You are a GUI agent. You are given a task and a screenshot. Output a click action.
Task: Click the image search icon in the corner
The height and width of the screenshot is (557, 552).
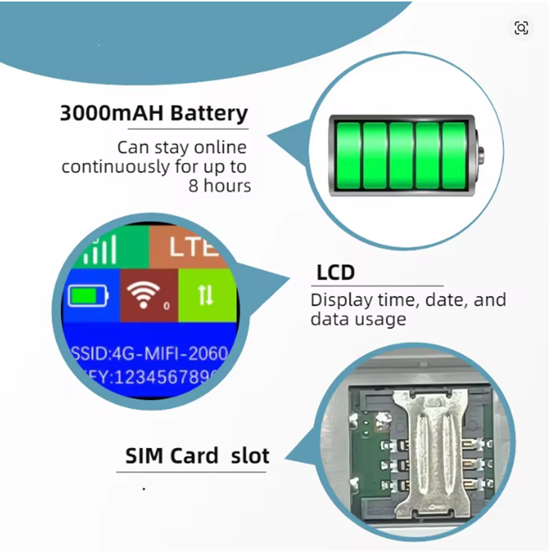point(521,28)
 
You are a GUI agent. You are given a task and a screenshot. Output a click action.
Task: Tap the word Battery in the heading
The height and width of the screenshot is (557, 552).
point(209,113)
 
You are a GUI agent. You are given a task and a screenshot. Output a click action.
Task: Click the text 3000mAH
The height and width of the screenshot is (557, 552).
point(112,113)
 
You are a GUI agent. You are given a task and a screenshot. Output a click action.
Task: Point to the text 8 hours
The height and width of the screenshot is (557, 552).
point(220,186)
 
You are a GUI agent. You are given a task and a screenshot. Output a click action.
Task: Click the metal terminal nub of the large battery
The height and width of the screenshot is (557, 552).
point(481,155)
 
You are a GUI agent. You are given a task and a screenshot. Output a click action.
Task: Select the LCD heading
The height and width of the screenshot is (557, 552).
point(336,273)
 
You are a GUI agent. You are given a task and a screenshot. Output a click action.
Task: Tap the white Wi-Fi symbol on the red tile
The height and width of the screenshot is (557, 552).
point(144,294)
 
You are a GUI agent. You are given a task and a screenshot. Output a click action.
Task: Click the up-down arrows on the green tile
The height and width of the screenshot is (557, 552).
point(205,295)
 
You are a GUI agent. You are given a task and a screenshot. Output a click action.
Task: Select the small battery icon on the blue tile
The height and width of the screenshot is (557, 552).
point(88,295)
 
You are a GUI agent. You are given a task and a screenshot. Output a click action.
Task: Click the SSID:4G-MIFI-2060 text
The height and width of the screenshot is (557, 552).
point(150,354)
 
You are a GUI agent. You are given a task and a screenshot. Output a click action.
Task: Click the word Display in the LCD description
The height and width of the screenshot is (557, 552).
point(342,301)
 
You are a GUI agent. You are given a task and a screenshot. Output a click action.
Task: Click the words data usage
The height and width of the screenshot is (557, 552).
point(358,319)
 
